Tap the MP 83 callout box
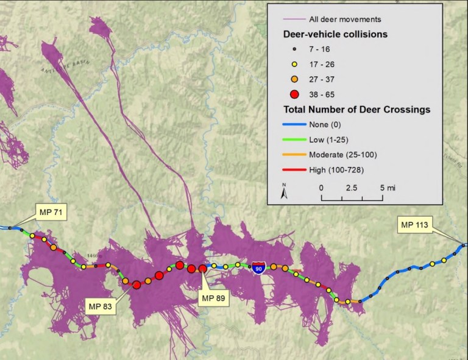coord(103,305)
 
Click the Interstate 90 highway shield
coord(258,267)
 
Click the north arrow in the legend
coord(284,192)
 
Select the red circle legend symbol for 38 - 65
coord(295,94)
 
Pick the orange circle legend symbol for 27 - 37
coord(295,79)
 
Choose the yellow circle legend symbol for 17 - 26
coord(295,63)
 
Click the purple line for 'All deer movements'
coord(296,19)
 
